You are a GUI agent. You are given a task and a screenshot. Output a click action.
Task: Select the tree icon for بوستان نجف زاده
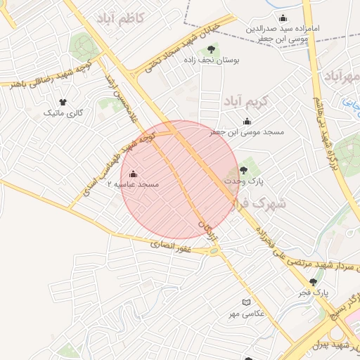coord(211,49)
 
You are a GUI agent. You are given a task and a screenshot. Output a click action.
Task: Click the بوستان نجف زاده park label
coord(212,60)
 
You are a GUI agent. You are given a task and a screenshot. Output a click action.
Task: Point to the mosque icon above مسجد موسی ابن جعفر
coord(247,121)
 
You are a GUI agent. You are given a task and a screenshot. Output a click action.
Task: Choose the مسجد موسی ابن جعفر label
coord(247,131)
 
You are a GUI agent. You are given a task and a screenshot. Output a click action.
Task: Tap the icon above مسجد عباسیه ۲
coord(133,174)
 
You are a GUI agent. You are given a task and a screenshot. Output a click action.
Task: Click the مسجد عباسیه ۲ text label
coord(133,184)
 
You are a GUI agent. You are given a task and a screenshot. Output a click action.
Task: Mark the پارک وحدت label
coord(244,181)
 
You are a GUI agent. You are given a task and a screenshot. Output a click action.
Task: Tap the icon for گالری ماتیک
coord(63,103)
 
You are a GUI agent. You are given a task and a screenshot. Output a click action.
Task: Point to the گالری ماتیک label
coord(63,112)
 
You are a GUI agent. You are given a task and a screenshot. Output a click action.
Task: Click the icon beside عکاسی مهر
coord(246,302)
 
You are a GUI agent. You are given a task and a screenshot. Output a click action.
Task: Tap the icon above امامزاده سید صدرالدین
coord(283,18)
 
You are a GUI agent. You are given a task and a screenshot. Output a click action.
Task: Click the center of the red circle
coord(179,179)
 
